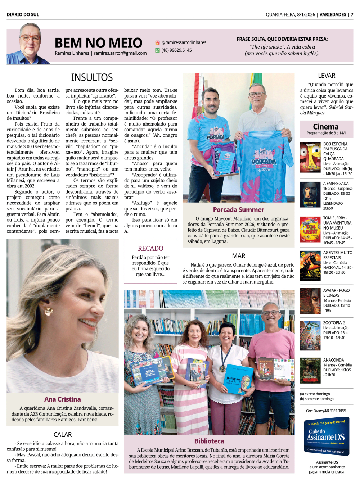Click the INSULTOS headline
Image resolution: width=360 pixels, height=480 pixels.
point(92,77)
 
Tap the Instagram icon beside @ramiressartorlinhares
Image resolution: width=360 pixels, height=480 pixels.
point(157,42)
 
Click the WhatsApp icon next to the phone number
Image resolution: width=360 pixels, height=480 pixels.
point(157,50)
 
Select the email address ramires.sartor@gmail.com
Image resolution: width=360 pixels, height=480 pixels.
point(120,53)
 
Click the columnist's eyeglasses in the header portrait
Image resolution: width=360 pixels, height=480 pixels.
point(30,37)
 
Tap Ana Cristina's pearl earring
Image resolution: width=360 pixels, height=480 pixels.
point(49,311)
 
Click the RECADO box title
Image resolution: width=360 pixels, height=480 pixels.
point(150,248)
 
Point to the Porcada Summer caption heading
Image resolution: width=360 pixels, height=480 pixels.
point(238,210)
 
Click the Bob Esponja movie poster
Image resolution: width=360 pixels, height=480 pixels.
point(310,157)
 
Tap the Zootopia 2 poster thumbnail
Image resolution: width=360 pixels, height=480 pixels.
point(310,336)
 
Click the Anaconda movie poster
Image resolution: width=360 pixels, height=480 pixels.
point(310,370)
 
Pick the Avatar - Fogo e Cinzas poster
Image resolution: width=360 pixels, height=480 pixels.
point(310,301)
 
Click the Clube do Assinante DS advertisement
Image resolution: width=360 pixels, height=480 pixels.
point(327,437)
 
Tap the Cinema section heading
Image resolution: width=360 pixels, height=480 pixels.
point(326,127)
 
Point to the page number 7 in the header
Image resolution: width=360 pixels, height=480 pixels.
point(352,15)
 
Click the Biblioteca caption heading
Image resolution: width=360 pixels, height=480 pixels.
point(209,441)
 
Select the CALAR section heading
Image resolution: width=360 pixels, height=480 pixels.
point(63,435)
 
